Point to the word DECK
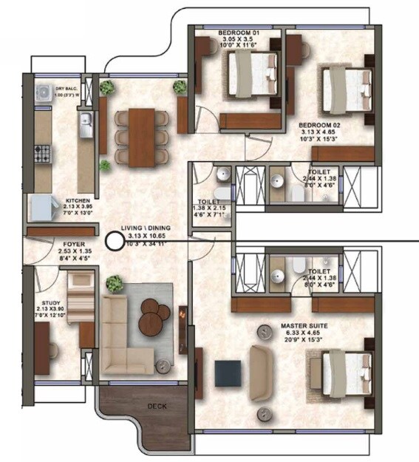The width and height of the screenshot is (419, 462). [x=156, y=407]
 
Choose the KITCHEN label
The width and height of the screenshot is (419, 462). [x=78, y=200]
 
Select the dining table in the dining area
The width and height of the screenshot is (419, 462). [x=141, y=137]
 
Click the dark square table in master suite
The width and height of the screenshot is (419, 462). [x=228, y=373]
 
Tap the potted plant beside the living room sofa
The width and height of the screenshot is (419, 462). [x=115, y=283]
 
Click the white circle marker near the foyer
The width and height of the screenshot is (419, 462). [x=114, y=240]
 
